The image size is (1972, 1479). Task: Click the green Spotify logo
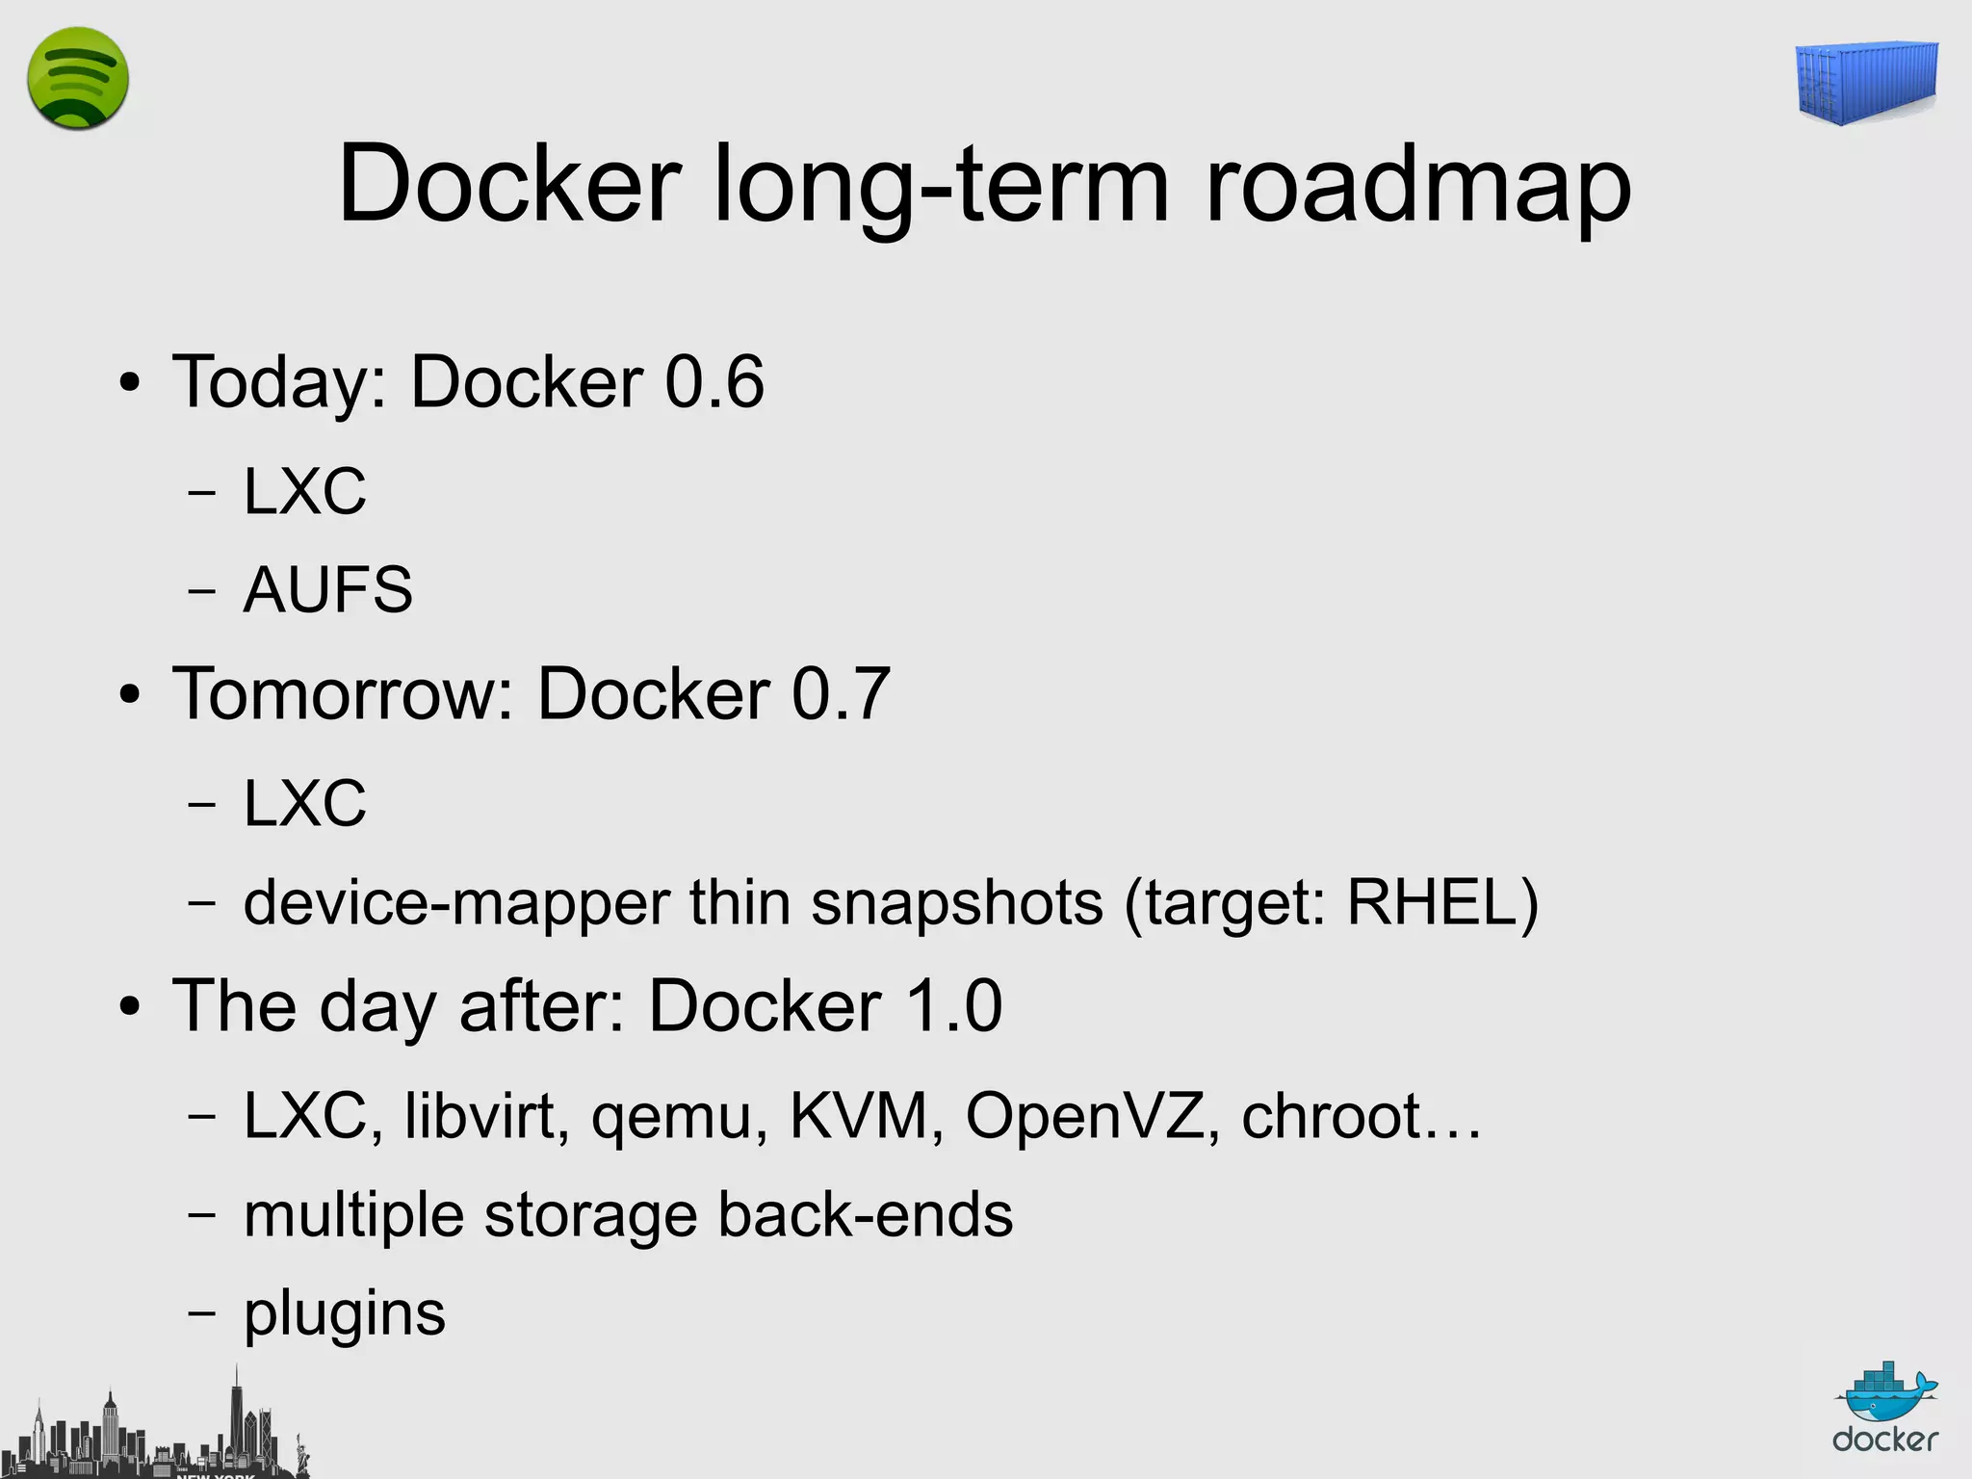78,79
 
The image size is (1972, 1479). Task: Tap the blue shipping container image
1866,83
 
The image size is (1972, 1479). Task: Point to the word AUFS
327,589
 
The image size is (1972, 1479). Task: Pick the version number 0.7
841,693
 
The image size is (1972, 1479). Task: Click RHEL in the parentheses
1432,903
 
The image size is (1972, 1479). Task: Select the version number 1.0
954,1006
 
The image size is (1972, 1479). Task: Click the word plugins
345,1315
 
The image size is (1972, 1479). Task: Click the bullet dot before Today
130,384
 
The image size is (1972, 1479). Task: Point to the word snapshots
956,903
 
